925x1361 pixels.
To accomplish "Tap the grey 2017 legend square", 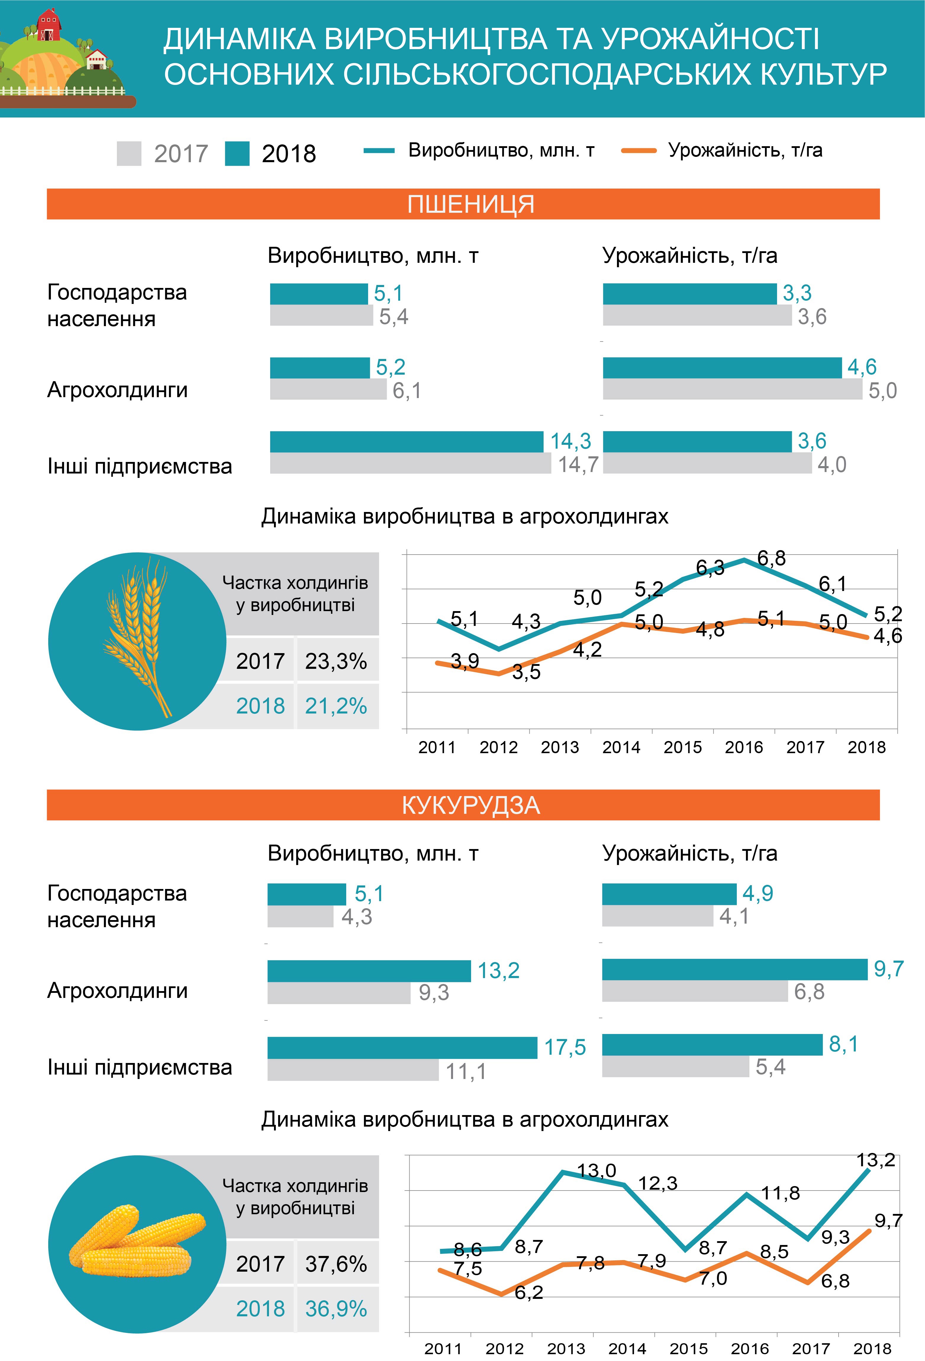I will coord(129,153).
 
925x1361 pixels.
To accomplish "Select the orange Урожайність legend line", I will coord(639,151).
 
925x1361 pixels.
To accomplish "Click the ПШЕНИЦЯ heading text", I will coord(471,204).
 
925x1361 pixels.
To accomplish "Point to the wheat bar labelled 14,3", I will coord(406,442).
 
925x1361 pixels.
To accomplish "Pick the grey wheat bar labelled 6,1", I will coord(328,389).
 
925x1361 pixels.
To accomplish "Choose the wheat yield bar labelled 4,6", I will coord(722,368).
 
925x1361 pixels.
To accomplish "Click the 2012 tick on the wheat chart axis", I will coord(498,747).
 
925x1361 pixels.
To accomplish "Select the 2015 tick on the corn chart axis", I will coord(689,1349).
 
